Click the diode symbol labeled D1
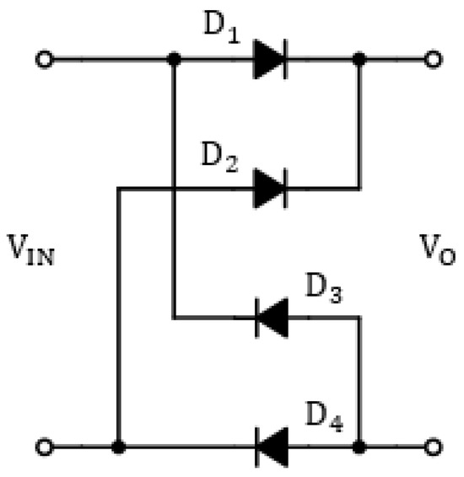click(270, 61)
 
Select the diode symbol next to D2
click(270, 188)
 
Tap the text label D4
click(326, 416)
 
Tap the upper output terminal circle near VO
click(434, 61)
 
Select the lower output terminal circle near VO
click(434, 446)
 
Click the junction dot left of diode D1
click(173, 61)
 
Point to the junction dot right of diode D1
click(360, 61)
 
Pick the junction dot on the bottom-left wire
click(118, 446)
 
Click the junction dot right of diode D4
click(360, 446)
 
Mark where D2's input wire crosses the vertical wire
click(173, 188)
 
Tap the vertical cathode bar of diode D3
click(256, 319)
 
